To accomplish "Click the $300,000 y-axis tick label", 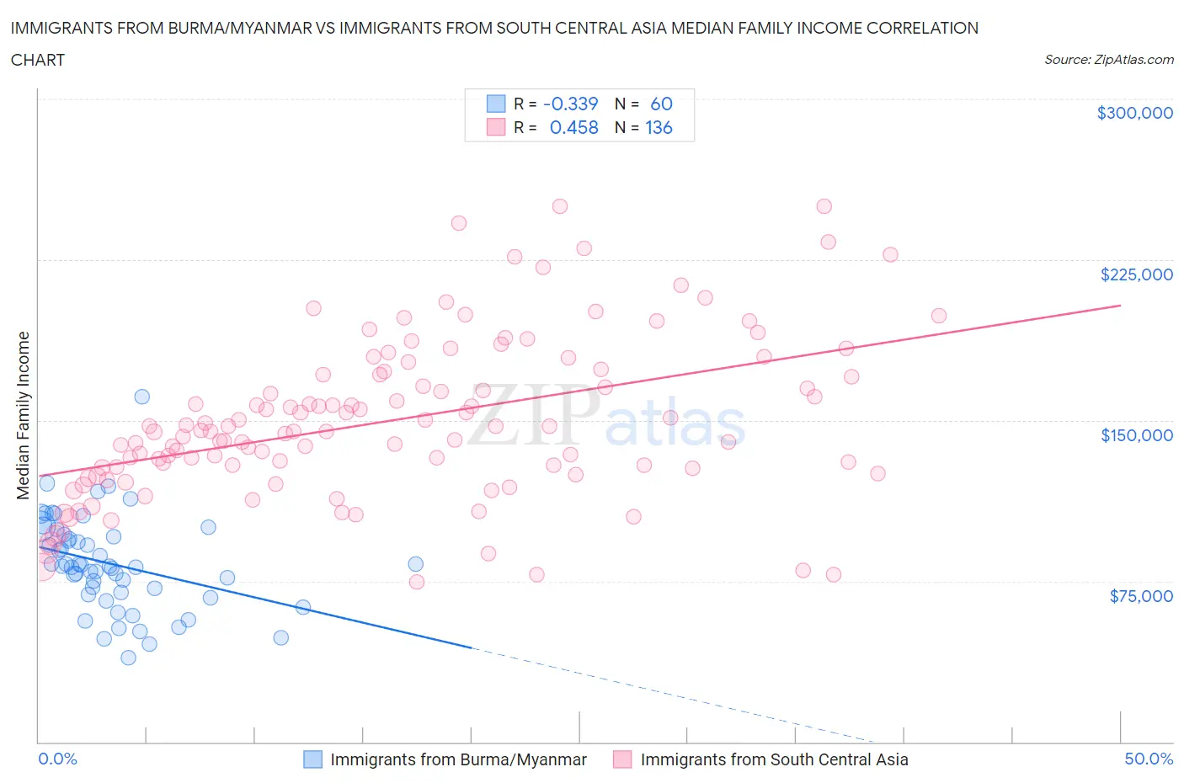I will pos(1134,113).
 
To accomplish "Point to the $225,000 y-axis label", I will pos(1136,274).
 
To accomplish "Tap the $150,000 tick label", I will pos(1136,435).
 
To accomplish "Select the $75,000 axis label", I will pos(1141,596).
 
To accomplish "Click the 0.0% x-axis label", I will pos(57,759).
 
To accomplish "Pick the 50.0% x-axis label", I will pos(1149,759).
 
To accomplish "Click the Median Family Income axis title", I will pos(24,415).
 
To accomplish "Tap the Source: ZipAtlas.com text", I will pos(1108,60).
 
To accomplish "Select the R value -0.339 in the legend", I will pos(571,104).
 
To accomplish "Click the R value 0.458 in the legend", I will pos(573,127).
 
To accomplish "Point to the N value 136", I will pos(659,127).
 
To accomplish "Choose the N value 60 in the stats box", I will pos(661,104).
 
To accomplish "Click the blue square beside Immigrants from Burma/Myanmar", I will pos(312,759).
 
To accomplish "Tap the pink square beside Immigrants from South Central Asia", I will pos(622,759).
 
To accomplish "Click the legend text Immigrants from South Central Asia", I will pos(774,759).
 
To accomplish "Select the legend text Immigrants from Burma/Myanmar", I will pos(458,759).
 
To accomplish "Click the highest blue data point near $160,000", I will pos(141,397).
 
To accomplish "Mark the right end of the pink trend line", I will pos(1121,305).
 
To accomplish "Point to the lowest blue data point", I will pos(128,658).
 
